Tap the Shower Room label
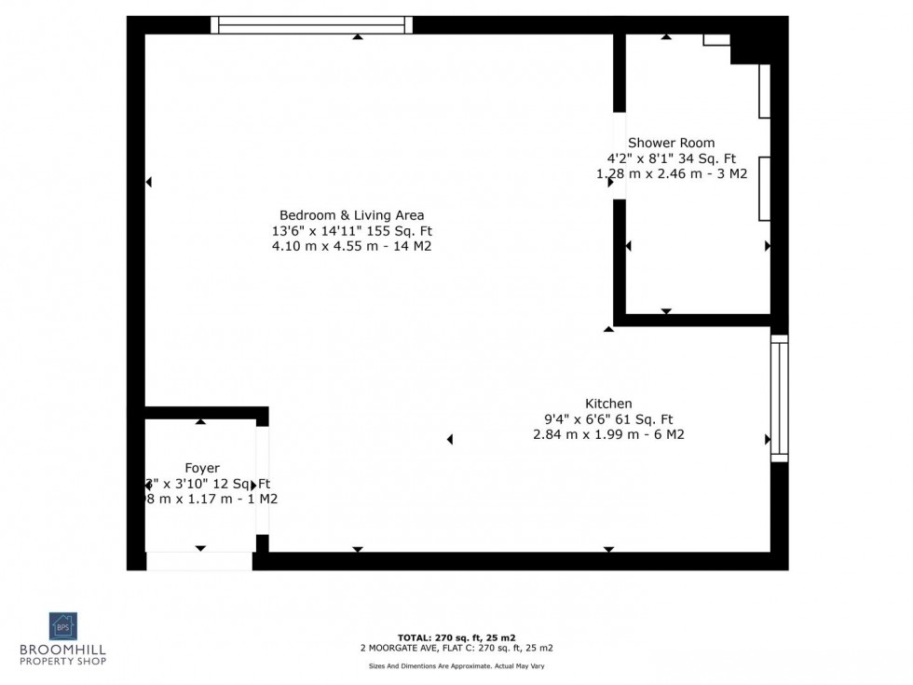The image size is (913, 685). (x=671, y=143)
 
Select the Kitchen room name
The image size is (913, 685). (x=608, y=403)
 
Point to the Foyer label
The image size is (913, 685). (x=202, y=467)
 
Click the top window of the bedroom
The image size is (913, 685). (x=311, y=25)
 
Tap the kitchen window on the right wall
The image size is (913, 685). (x=779, y=398)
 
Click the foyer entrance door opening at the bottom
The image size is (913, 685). (x=199, y=560)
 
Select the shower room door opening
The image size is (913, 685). (x=619, y=156)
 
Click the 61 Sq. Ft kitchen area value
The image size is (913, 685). (x=647, y=418)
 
